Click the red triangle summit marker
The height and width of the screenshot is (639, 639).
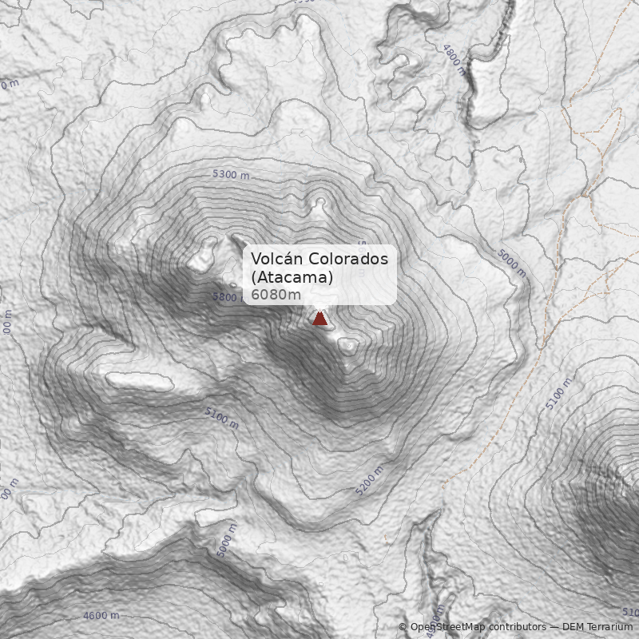(x=320, y=319)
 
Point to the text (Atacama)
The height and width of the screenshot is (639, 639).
(x=292, y=277)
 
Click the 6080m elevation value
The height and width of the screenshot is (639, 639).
(x=276, y=295)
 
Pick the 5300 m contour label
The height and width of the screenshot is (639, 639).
(x=231, y=174)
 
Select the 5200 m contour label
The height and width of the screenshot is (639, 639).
(x=369, y=479)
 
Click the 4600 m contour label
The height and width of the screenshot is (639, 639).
(x=101, y=616)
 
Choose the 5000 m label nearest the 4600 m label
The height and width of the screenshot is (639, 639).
(x=227, y=540)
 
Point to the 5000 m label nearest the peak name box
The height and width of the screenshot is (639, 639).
(x=511, y=263)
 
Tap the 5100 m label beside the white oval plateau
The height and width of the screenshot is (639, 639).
(x=221, y=418)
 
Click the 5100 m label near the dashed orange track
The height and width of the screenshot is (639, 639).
(x=559, y=395)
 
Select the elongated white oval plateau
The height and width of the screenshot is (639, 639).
(x=140, y=381)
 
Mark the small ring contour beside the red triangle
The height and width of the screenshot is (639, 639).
(x=348, y=346)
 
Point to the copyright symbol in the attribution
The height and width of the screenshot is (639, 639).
(x=403, y=627)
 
